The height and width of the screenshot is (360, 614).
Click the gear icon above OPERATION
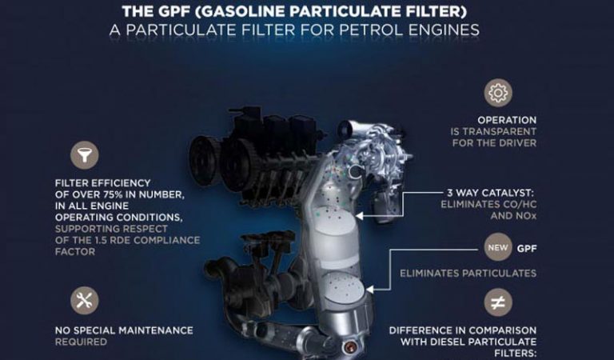coord(498,93)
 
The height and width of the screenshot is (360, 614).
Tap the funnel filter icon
coord(85,155)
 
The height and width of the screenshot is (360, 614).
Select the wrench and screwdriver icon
coord(85,301)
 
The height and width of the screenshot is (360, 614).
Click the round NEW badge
coord(498,247)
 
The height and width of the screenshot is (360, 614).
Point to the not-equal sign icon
coord(498,302)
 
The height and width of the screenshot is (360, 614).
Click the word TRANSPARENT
coord(500,132)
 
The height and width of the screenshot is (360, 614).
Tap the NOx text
coord(525,216)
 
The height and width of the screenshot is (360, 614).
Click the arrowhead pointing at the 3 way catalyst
coord(359,216)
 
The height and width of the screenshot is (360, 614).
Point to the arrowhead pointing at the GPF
coord(369,290)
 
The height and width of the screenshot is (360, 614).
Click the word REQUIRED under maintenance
coord(81,342)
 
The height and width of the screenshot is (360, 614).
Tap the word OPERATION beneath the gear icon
coord(507,120)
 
